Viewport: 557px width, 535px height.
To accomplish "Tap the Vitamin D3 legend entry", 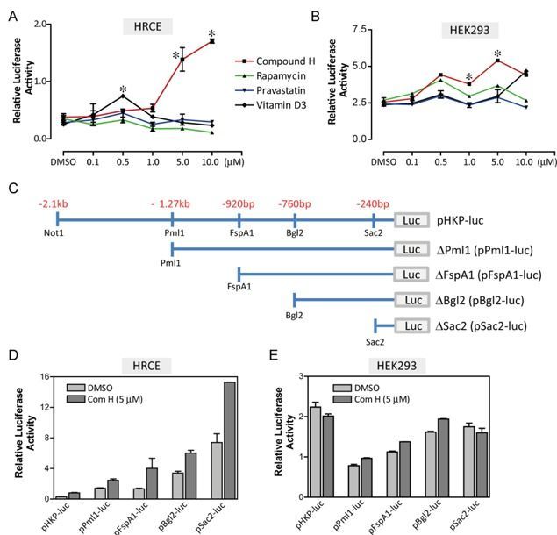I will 277,104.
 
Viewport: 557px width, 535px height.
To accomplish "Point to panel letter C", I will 12,188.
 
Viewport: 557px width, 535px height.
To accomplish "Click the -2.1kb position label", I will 54,203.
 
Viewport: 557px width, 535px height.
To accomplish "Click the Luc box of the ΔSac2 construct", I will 411,327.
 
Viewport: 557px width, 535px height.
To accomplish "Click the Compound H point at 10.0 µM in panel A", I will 211,41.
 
